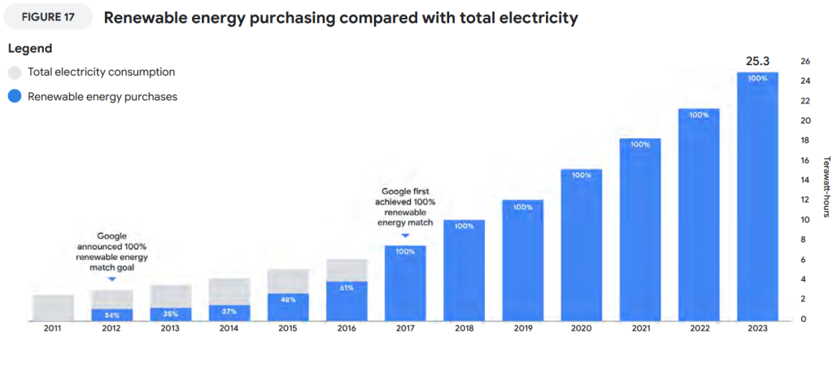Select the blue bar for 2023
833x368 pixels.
(x=757, y=195)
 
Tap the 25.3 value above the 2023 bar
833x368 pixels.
(x=757, y=60)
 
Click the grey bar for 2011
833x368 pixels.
(x=53, y=307)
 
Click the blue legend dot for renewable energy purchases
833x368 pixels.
(x=15, y=97)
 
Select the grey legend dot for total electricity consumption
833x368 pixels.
(x=15, y=72)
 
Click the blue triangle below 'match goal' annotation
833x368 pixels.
(x=111, y=278)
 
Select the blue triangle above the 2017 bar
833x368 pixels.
(x=404, y=237)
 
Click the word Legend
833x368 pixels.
(x=30, y=49)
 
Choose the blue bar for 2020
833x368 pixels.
(x=581, y=244)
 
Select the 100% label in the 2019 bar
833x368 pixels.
(x=522, y=208)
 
